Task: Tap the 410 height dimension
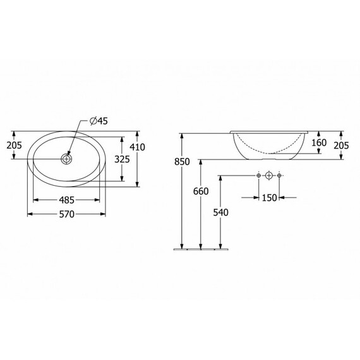click(x=138, y=147)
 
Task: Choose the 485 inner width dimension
click(x=67, y=200)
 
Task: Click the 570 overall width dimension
click(x=67, y=215)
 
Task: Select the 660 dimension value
click(x=201, y=191)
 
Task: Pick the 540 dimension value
click(x=220, y=213)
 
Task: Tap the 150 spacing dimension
click(x=270, y=198)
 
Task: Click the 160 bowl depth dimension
click(x=319, y=143)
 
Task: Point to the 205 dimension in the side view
click(x=341, y=146)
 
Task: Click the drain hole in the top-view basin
click(x=67, y=159)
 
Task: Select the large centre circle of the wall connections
click(x=270, y=174)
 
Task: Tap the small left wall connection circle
click(x=258, y=174)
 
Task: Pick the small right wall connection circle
click(x=281, y=174)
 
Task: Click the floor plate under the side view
click(x=200, y=249)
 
